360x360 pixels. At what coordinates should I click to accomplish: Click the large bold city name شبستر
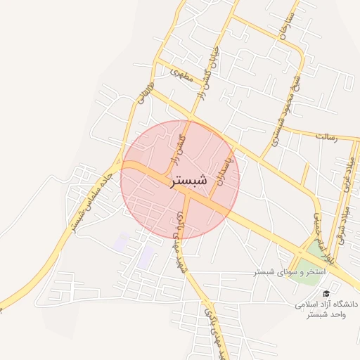tap(189, 181)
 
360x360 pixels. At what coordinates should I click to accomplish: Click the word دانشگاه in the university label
tap(344, 304)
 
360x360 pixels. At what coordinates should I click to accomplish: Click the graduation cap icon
tap(325, 293)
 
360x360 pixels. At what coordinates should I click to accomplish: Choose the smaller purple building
tap(121, 243)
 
